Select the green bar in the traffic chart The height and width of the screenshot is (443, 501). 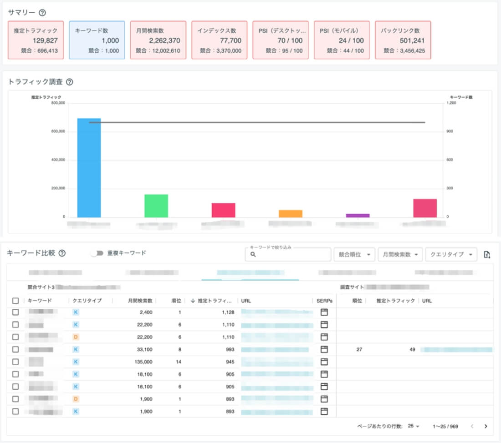coord(156,206)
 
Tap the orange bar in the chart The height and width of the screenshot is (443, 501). coord(291,213)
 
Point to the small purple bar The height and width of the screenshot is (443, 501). coord(358,215)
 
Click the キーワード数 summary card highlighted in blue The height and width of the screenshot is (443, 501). coord(97,40)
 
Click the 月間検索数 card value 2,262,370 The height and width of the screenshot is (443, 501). coord(164,40)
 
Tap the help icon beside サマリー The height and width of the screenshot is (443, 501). coord(42,13)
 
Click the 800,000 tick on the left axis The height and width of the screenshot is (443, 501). coord(58,103)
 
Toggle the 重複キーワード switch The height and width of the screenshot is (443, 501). coord(97,253)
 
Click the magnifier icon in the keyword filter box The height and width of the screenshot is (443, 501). coord(253,255)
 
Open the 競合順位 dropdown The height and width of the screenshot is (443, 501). coord(354,255)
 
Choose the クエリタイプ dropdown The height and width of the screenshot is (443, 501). coord(451,255)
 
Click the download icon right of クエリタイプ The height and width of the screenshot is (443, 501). coord(487,255)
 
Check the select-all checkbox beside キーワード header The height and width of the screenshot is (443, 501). coord(15,301)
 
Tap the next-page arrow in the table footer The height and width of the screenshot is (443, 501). coord(486,427)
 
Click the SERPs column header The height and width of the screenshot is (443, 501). coord(324,301)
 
